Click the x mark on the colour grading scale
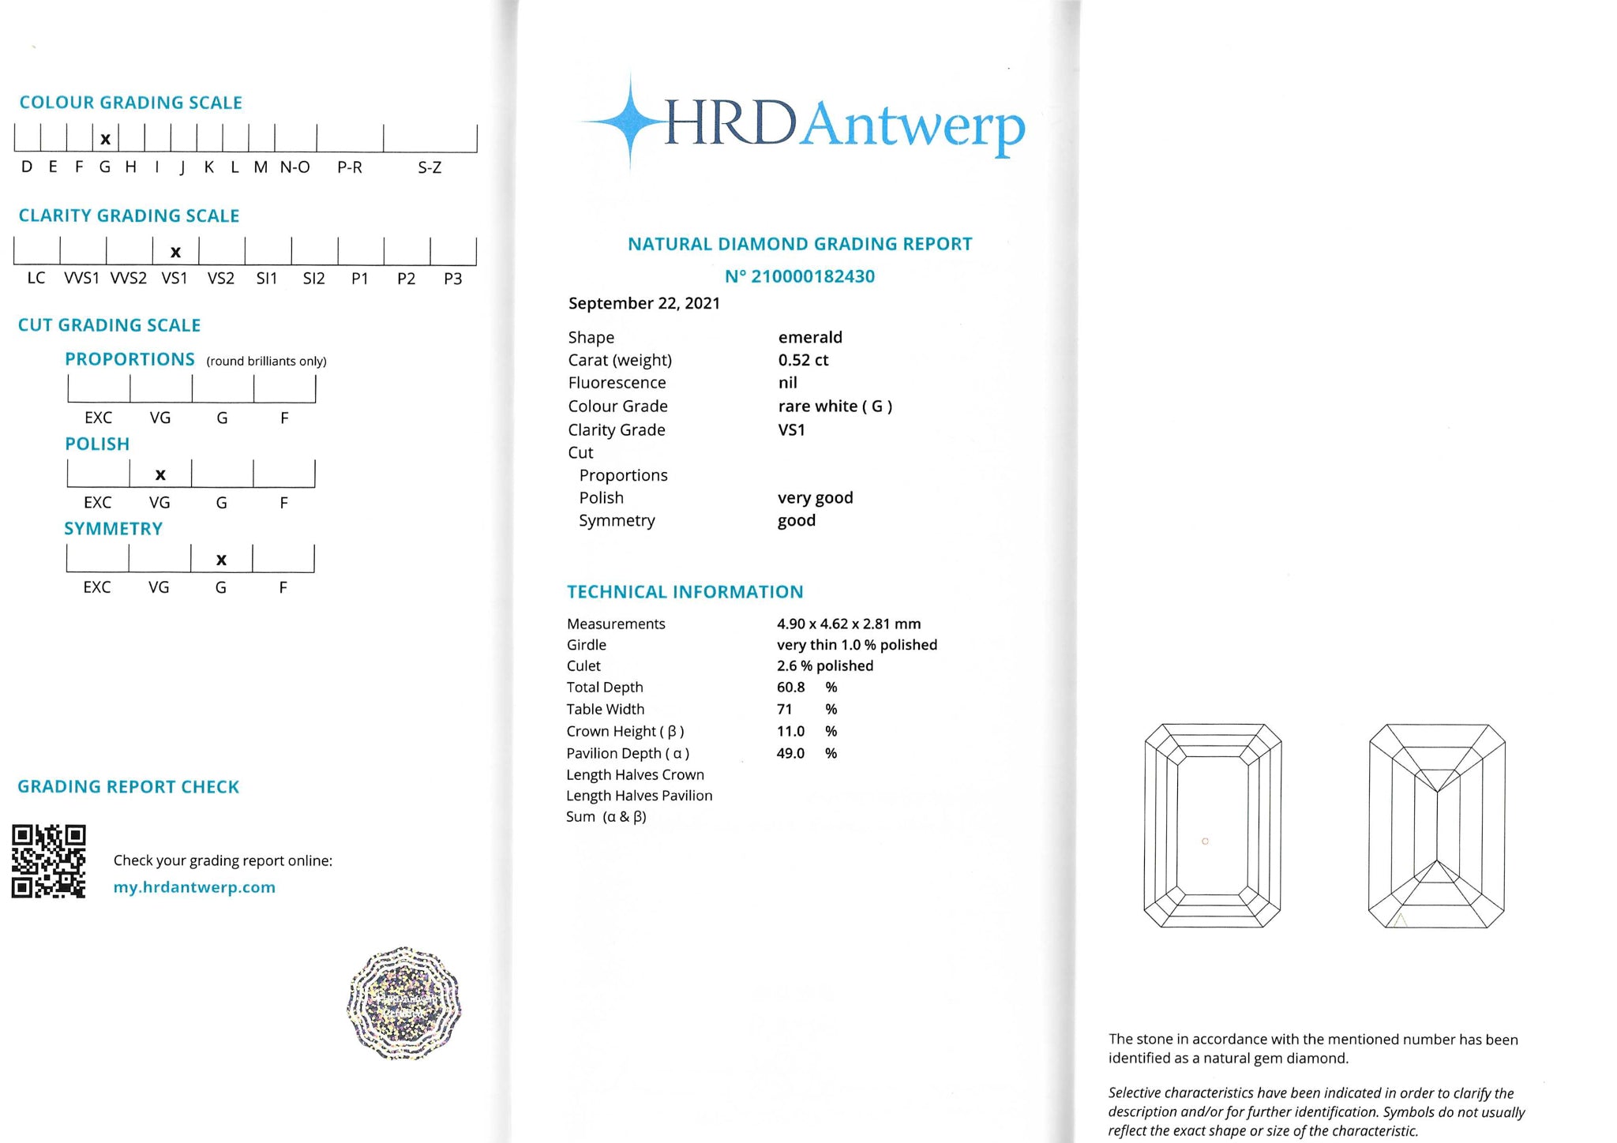[105, 140]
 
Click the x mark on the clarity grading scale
[175, 253]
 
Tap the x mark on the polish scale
[160, 474]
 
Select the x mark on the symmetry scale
[221, 560]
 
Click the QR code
[48, 861]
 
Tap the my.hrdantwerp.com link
[194, 887]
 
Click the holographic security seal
[404, 1003]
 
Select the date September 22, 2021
[644, 304]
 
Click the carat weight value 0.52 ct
[803, 361]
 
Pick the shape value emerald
[810, 338]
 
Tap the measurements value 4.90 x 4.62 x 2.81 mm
[849, 624]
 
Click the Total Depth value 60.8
[790, 688]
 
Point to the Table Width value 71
[784, 710]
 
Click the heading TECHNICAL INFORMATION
[685, 592]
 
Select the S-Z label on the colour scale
[430, 168]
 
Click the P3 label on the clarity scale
[452, 279]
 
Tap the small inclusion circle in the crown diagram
[1205, 841]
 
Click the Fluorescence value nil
[787, 384]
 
